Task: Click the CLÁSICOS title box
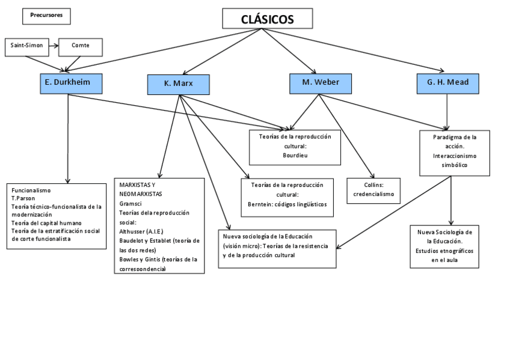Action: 268,19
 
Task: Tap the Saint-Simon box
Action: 26,46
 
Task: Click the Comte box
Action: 80,46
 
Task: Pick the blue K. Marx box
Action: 178,84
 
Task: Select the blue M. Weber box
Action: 319,82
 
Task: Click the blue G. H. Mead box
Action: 447,82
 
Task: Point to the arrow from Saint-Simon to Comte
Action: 52,46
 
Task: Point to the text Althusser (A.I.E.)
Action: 141,231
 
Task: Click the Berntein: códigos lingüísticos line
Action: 287,204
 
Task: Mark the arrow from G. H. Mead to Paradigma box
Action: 447,111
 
